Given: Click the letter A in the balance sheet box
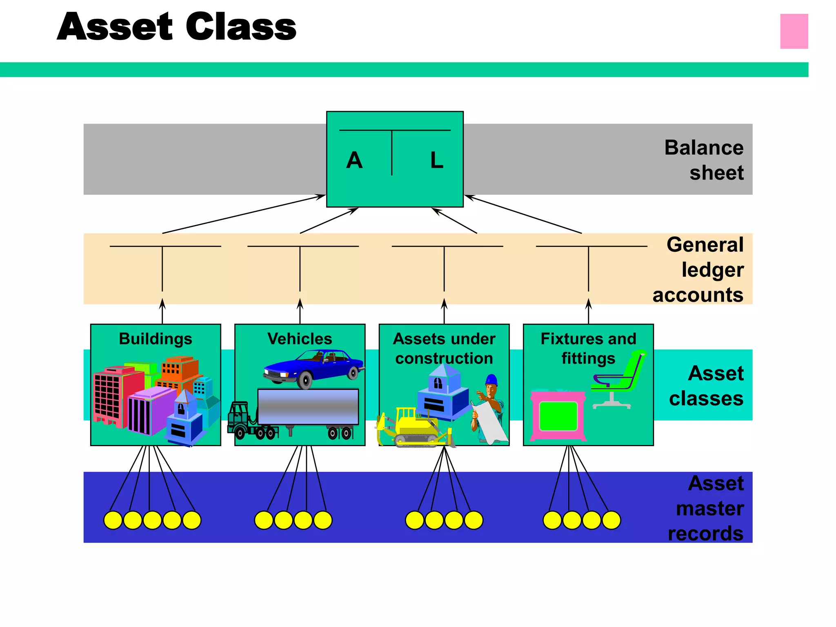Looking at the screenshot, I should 354,160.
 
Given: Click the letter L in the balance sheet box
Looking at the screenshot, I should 436,160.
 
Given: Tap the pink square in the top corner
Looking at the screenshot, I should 794,31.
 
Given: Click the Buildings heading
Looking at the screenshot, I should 156,339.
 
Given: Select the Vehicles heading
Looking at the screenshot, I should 300,339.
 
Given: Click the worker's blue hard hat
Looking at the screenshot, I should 491,380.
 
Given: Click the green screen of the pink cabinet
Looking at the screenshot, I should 558,416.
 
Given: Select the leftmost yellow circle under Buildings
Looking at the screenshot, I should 113,520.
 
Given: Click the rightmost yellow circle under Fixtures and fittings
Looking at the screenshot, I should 611,520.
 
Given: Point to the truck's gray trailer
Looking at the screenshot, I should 308,407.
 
